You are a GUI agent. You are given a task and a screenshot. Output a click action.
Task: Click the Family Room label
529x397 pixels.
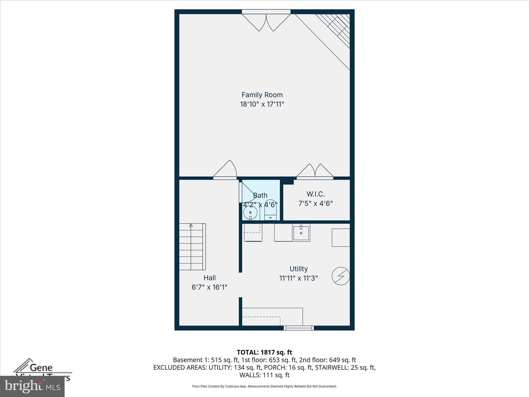[x=262, y=95]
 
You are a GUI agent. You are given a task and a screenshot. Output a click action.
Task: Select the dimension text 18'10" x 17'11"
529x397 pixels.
[x=262, y=104]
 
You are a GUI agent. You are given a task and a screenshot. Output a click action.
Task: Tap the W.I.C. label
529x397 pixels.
[x=315, y=194]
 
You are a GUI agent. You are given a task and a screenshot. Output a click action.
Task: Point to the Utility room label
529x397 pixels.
[x=298, y=269]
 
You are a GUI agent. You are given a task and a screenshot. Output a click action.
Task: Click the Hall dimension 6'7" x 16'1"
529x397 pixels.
[x=209, y=287]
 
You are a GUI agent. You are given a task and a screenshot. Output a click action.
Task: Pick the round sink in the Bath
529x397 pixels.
[x=250, y=213]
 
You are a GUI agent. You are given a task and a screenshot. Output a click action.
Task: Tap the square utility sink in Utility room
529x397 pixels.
[x=301, y=232]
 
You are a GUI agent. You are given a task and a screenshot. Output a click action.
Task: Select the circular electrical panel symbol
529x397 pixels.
[x=341, y=276]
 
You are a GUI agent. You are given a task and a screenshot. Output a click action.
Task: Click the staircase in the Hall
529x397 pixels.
[x=192, y=247]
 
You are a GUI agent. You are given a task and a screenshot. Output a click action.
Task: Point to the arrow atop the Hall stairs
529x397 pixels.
[x=191, y=225]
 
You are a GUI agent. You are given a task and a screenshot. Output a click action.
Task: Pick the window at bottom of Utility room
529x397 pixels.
[x=299, y=328]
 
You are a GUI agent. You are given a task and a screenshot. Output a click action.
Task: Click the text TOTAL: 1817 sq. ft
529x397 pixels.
[x=264, y=352]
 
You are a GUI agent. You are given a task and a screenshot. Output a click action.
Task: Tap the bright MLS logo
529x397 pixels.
[x=32, y=386]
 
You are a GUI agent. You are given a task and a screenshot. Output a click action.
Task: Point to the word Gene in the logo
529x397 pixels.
[x=41, y=367]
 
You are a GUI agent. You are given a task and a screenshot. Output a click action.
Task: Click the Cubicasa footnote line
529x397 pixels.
[x=264, y=386]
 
